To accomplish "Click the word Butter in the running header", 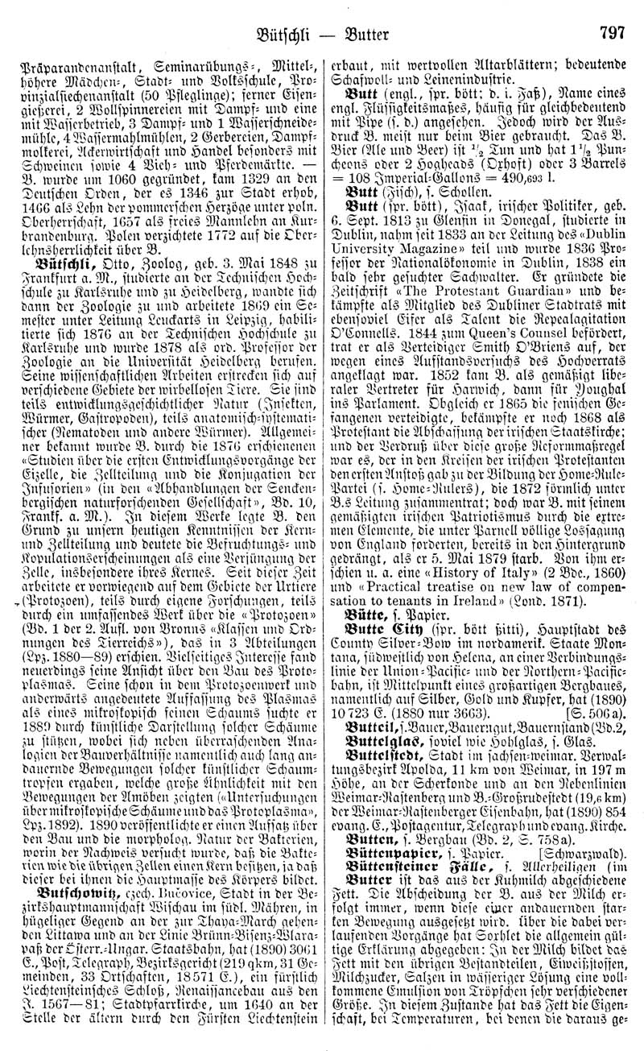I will (x=365, y=14).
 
